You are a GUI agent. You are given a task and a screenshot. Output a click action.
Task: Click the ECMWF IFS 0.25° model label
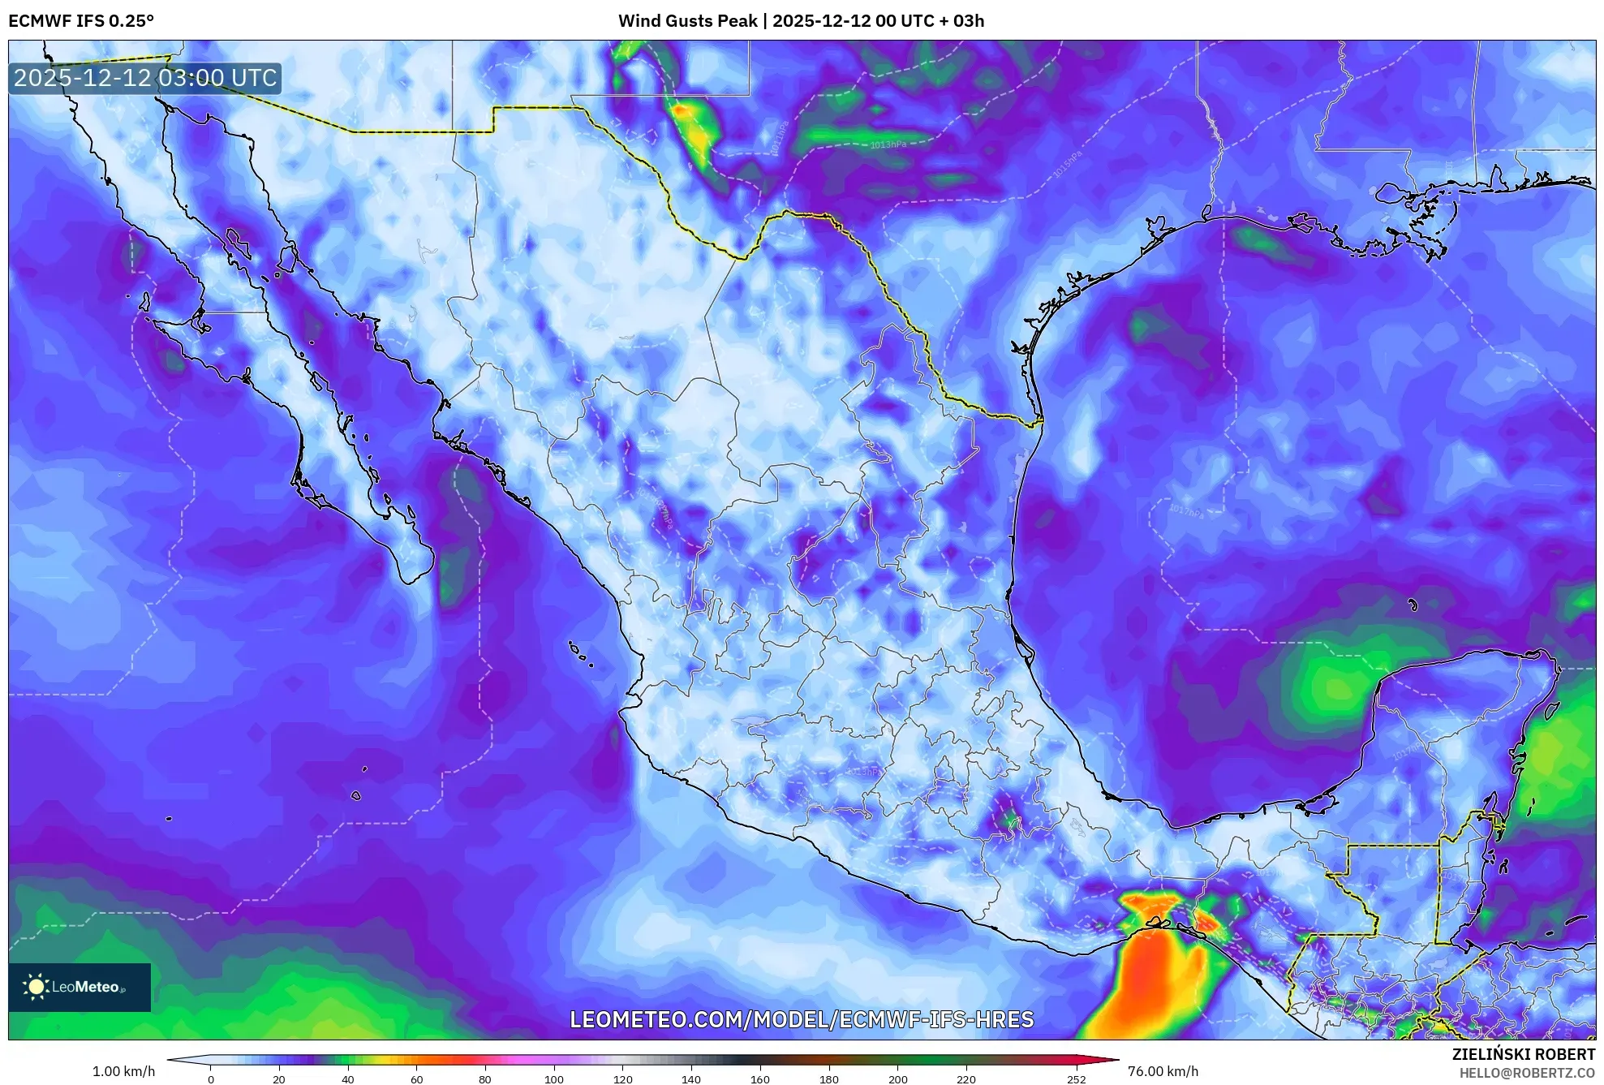(81, 21)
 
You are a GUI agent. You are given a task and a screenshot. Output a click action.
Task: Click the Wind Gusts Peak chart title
(801, 21)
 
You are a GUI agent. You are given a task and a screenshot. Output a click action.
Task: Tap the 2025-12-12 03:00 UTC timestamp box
(145, 79)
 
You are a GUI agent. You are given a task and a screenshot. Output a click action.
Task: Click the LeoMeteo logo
(80, 987)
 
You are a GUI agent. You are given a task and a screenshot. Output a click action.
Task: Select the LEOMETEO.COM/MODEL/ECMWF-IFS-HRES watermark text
(802, 1019)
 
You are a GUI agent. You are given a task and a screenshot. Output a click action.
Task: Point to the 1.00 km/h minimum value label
(123, 1071)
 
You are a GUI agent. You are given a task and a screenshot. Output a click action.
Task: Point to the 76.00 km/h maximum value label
(1163, 1071)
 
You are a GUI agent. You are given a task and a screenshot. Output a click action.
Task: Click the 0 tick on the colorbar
(211, 1079)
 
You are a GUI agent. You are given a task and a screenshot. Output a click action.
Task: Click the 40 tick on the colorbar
(348, 1079)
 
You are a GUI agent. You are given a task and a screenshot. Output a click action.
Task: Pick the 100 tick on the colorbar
(554, 1079)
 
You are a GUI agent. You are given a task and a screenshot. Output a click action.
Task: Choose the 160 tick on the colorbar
(760, 1079)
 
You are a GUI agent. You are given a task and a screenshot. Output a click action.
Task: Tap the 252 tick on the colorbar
(1076, 1079)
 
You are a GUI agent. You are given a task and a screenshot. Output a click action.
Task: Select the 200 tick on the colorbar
(897, 1079)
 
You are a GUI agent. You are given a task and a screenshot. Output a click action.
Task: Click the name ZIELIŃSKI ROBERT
(1523, 1054)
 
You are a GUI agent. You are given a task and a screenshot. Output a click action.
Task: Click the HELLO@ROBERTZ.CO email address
(1527, 1073)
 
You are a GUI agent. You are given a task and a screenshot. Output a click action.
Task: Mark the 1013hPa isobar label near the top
(888, 144)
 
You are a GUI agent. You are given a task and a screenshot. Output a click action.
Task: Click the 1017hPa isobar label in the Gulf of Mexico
(1186, 510)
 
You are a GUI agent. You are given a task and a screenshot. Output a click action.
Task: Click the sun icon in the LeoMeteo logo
(36, 987)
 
